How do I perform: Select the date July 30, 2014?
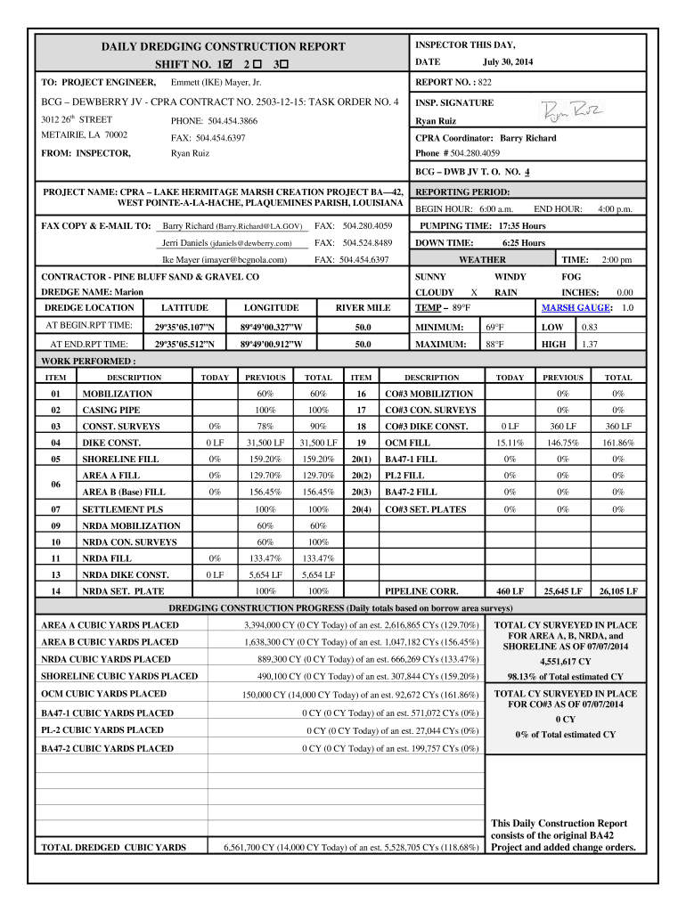pos(508,61)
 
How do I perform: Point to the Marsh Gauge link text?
pos(576,307)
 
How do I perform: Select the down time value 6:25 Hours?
pos(524,243)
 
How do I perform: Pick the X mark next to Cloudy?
pos(473,292)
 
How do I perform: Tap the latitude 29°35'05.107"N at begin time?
pos(184,326)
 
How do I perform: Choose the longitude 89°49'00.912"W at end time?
pos(272,344)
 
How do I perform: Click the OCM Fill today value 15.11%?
pos(510,443)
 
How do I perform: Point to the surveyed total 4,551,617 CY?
pos(566,662)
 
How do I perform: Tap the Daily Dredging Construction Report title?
pos(223,46)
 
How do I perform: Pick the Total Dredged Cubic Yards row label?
pos(114,847)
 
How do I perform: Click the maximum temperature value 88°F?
pos(494,344)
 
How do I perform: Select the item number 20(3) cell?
pos(361,492)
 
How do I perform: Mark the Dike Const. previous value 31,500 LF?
pos(265,443)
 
